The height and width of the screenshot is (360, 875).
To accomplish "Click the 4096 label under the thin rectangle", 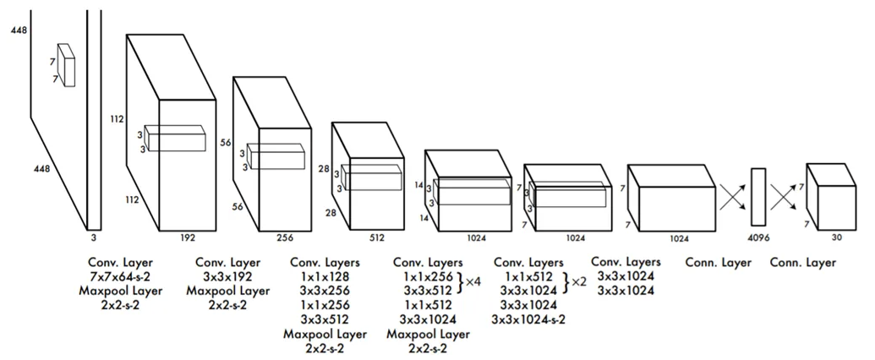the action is click(x=758, y=237).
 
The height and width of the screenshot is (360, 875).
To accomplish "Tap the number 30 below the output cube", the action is click(x=836, y=237).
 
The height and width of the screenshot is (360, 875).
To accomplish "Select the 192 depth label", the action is click(x=188, y=237).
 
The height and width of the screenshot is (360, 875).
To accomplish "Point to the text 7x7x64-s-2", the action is click(x=120, y=277).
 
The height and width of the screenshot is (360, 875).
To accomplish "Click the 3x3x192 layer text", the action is click(x=227, y=277).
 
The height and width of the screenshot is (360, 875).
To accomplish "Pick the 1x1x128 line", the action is click(x=325, y=277).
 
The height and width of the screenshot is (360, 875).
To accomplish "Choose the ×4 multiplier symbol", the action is click(x=473, y=282).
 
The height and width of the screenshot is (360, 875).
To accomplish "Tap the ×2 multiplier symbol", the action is click(x=579, y=282).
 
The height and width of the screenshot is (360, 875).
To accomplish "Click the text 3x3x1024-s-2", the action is click(x=528, y=319).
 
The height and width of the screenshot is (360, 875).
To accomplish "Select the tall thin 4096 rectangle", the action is click(x=758, y=196).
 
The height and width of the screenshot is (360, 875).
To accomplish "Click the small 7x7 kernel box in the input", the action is click(x=66, y=65).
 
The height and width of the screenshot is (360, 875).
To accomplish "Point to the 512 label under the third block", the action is click(x=377, y=237).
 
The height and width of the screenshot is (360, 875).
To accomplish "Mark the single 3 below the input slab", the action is click(x=93, y=237).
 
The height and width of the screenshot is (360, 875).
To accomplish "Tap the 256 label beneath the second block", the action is click(x=285, y=237).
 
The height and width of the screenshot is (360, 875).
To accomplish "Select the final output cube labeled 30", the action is click(x=831, y=196).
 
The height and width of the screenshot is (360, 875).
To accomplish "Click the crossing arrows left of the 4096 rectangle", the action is click(x=732, y=197).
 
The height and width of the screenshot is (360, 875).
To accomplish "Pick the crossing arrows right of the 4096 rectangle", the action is click(x=785, y=197).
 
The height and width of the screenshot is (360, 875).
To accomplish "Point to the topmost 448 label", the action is click(x=19, y=30).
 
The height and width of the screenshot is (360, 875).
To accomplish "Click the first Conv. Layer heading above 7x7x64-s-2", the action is click(x=120, y=262).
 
